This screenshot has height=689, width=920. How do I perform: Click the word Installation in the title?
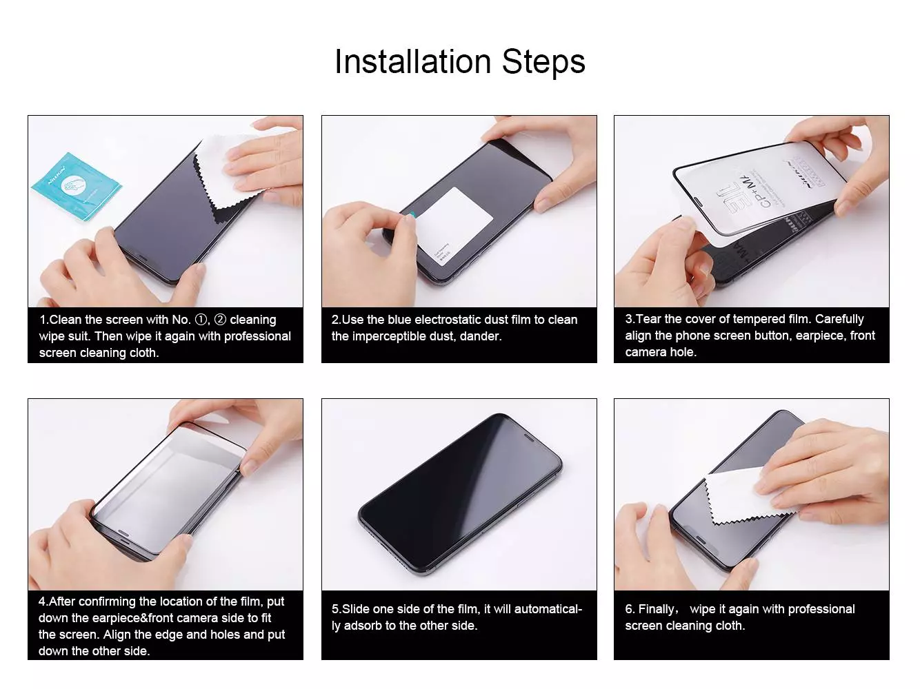pyautogui.click(x=414, y=61)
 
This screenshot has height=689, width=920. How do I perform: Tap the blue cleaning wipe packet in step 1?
pyautogui.click(x=76, y=187)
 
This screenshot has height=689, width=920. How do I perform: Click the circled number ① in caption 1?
pyautogui.click(x=201, y=320)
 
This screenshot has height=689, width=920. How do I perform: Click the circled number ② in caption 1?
pyautogui.click(x=220, y=320)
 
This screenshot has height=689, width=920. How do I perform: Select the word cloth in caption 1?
pyautogui.click(x=143, y=353)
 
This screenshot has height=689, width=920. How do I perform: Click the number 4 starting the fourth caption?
pyautogui.click(x=42, y=601)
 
